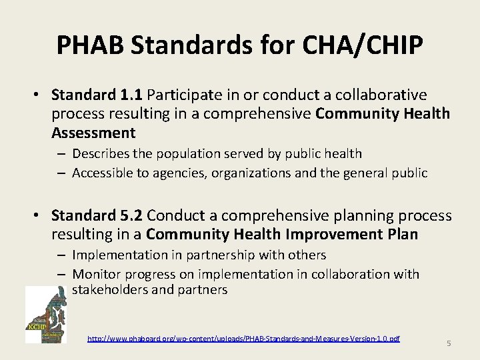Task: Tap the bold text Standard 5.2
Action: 97,216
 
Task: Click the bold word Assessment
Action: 93,133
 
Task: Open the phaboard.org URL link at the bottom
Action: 243,339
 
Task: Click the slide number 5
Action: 449,343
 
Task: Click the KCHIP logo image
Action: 45,315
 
